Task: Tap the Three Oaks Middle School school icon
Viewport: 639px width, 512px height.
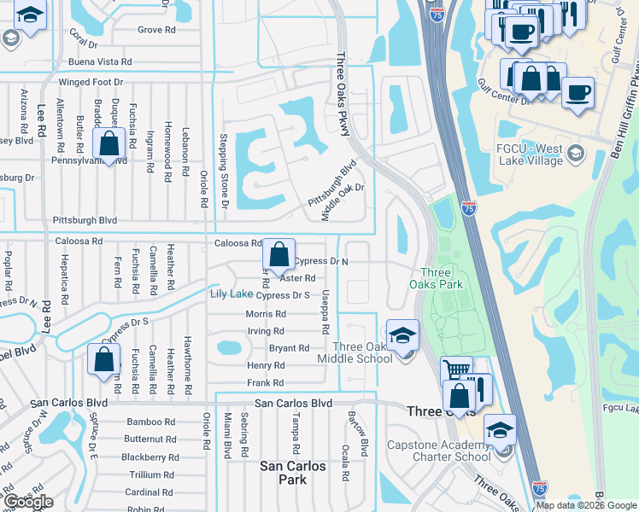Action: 402,335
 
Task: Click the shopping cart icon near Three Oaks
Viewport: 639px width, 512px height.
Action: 456,371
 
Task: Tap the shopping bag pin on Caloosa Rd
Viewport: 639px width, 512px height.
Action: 278,254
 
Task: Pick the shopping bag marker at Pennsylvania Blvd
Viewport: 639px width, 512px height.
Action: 109,144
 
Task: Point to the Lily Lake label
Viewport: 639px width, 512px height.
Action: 231,294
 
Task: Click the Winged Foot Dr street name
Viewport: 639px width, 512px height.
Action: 91,83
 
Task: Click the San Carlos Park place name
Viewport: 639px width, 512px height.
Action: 293,473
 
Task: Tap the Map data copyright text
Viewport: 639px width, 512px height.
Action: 585,505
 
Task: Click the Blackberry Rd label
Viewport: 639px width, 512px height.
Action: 149,457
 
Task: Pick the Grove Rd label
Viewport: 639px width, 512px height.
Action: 156,30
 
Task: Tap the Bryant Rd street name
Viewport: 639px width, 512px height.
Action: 289,348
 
